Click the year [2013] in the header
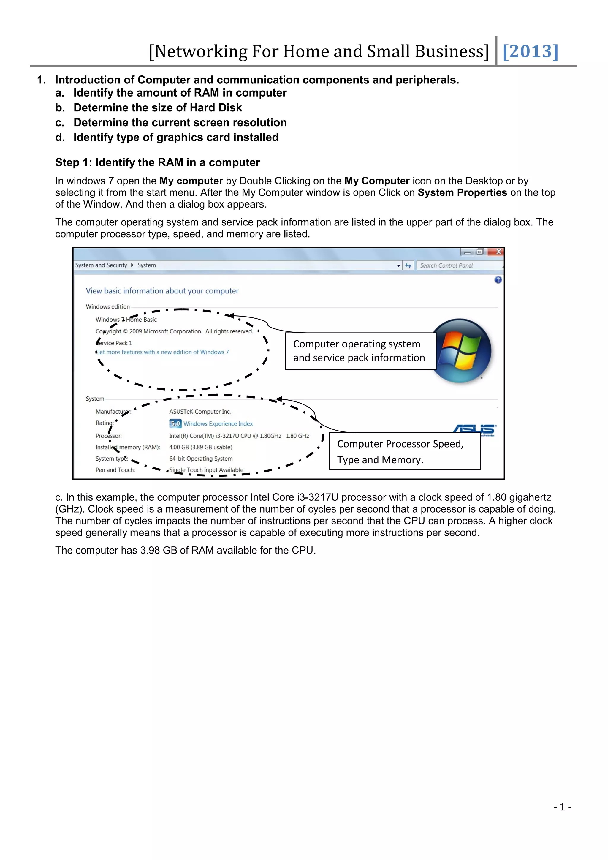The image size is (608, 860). click(530, 51)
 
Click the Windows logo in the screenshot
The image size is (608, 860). click(461, 351)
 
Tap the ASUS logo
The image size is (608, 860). click(474, 429)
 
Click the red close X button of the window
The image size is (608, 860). click(498, 252)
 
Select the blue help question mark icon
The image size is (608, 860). click(498, 280)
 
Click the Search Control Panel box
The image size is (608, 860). click(459, 265)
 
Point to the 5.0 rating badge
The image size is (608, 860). click(175, 424)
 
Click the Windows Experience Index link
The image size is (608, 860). click(218, 424)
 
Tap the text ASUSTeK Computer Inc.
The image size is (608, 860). click(200, 411)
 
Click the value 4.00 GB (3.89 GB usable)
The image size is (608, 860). click(201, 447)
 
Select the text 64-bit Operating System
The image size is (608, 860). click(201, 459)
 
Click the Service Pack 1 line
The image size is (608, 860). click(114, 343)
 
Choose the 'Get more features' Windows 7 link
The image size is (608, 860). click(162, 352)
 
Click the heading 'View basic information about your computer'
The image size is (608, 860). click(162, 291)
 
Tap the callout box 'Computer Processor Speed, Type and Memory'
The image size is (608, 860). click(404, 451)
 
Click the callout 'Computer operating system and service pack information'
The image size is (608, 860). click(360, 351)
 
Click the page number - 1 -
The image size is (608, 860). click(562, 807)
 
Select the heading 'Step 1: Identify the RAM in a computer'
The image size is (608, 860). click(157, 162)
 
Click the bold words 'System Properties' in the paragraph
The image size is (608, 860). click(462, 192)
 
